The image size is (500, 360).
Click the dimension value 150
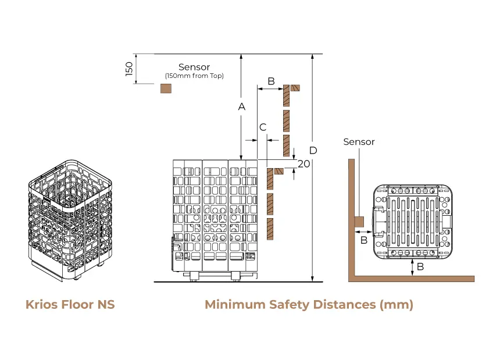point(130,69)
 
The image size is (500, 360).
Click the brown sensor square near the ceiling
point(166,88)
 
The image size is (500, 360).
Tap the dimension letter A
point(242,106)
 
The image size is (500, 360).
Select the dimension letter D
point(313,150)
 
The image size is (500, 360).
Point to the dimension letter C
point(263,127)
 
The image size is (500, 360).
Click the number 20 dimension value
point(303,164)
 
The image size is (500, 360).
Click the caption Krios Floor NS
point(70,305)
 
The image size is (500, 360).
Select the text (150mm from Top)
point(194,76)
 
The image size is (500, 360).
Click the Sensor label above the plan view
point(359,142)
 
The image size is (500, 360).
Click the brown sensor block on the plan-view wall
point(359,222)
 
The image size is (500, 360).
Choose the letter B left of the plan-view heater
point(363,240)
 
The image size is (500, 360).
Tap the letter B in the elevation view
point(270,80)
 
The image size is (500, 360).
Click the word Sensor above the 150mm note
point(194,67)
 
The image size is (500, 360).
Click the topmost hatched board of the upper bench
point(295,88)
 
